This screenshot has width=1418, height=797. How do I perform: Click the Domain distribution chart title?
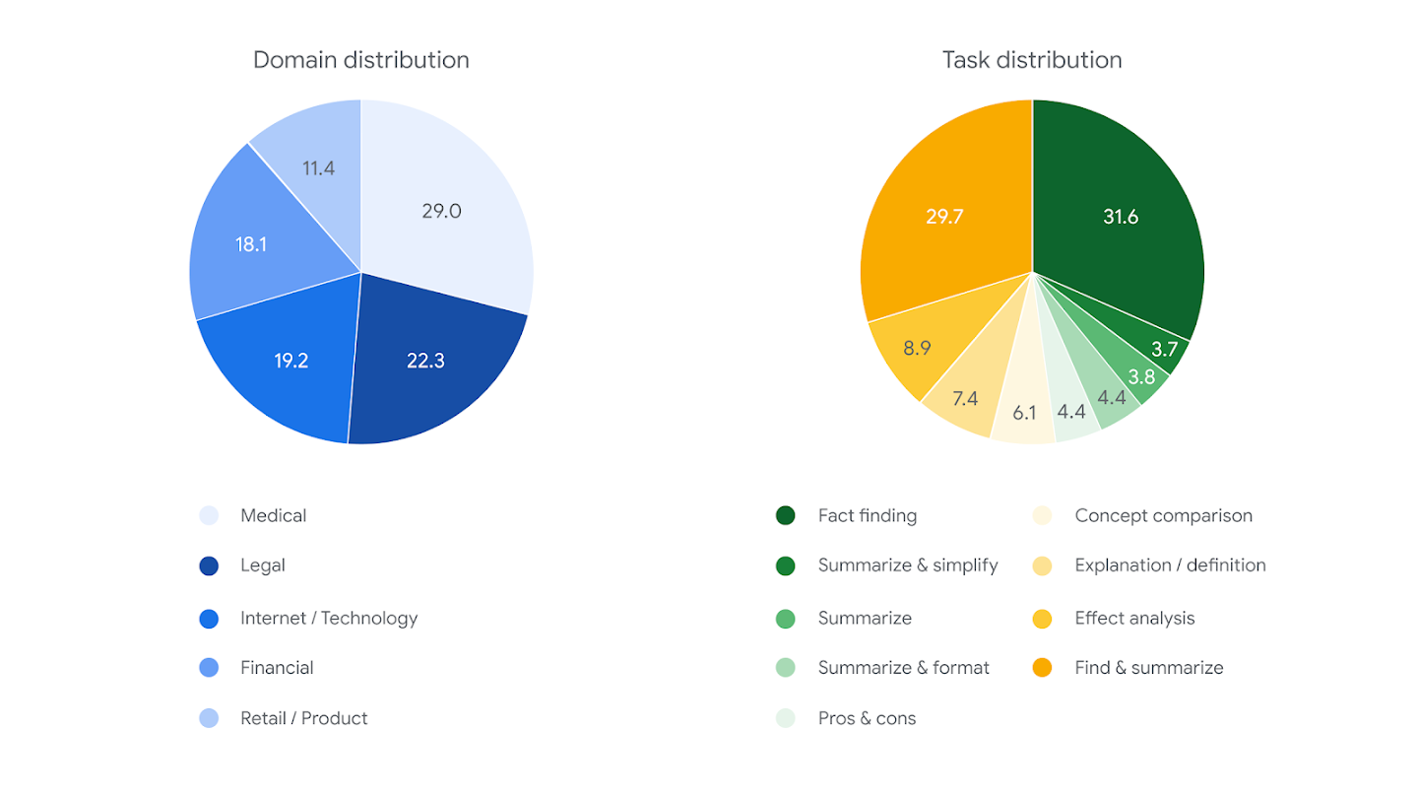click(x=360, y=60)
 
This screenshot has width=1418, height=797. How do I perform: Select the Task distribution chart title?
click(x=1031, y=60)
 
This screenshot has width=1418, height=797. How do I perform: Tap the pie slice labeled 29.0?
click(x=441, y=211)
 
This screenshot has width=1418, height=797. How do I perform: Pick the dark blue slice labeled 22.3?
click(x=425, y=361)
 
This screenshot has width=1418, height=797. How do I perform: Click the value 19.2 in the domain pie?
click(x=290, y=361)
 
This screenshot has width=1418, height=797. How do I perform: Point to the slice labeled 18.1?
click(x=250, y=244)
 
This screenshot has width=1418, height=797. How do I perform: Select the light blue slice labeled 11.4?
click(x=318, y=168)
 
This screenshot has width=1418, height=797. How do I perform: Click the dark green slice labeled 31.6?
click(x=1120, y=217)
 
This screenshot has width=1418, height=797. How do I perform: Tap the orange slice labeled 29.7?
click(x=944, y=217)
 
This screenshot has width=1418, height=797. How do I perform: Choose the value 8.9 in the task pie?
click(x=916, y=347)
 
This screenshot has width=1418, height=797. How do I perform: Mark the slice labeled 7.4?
click(x=964, y=399)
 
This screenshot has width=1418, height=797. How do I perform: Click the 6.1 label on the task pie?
click(x=1024, y=413)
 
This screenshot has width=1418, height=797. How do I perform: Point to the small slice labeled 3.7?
click(x=1165, y=349)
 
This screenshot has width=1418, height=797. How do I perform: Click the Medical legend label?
click(x=273, y=515)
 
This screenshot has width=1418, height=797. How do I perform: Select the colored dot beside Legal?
click(x=209, y=566)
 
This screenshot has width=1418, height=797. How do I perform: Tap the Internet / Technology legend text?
click(x=329, y=618)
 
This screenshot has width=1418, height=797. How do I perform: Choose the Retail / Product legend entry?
click(x=303, y=718)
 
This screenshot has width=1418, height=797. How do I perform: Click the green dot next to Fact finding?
click(x=785, y=515)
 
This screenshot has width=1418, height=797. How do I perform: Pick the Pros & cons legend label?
click(x=867, y=718)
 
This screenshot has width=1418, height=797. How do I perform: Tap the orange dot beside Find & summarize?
click(x=1042, y=668)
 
